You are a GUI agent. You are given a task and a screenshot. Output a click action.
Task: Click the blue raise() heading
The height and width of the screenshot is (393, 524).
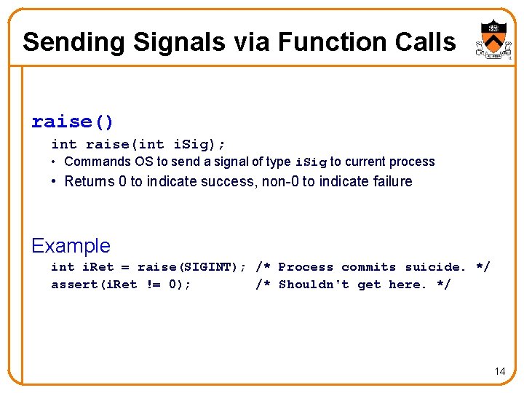73,121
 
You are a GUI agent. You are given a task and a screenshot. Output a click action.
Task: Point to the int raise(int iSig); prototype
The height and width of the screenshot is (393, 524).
138,144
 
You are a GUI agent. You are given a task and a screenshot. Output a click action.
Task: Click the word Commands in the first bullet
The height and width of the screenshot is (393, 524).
98,162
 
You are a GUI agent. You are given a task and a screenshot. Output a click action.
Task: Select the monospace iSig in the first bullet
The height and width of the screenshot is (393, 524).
310,162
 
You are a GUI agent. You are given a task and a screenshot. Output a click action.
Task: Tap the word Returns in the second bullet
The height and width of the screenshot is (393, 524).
90,181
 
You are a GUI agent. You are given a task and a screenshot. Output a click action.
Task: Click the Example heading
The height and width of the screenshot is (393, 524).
71,245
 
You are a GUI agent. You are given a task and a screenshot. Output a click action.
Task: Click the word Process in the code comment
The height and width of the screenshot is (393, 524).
306,267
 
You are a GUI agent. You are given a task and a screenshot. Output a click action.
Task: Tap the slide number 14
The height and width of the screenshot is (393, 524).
499,371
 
